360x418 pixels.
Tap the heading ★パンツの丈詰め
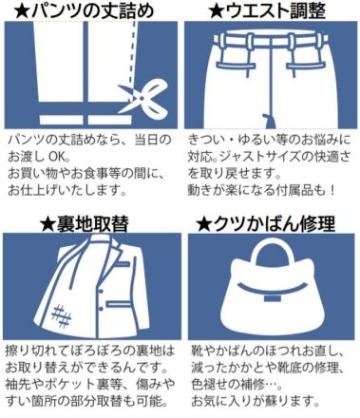[85, 10]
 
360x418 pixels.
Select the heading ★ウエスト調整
[268, 10]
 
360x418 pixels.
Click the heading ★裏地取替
[85, 224]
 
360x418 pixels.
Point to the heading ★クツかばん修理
[266, 224]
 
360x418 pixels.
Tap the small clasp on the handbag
[270, 298]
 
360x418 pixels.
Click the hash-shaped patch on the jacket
[62, 315]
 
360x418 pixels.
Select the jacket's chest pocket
[122, 263]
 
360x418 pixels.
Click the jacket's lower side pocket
[118, 304]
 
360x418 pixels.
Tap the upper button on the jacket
[101, 291]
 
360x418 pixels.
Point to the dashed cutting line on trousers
[133, 60]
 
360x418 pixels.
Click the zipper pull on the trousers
[270, 121]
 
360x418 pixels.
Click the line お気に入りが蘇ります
[255, 401]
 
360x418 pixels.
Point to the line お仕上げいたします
[67, 190]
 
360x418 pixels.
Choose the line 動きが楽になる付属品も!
[261, 190]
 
